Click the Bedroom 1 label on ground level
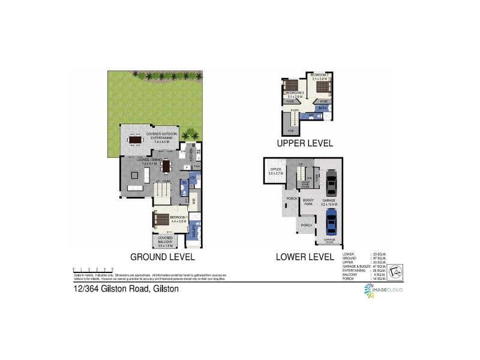179,219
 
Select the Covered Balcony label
165,240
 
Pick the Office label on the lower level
275,170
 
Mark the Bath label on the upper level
322,108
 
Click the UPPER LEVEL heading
305,143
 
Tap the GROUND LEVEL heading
163,257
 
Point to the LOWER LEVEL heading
304,257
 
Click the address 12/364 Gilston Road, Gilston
125,289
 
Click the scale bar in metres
93,269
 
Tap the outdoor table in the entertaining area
136,141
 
